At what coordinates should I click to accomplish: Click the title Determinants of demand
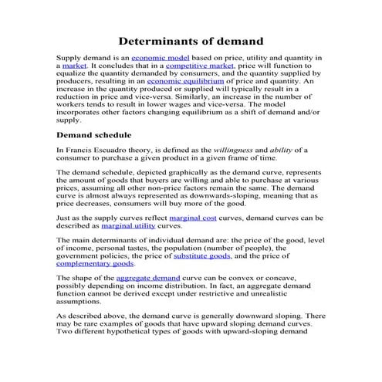tap(191, 40)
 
